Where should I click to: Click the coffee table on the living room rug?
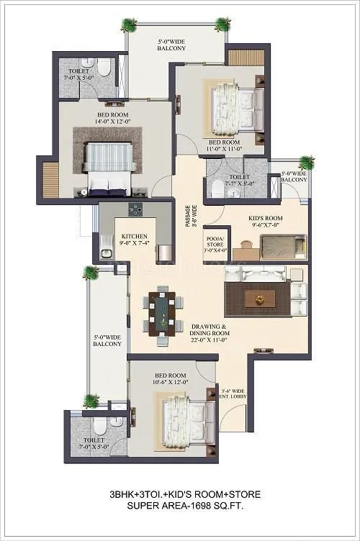258,298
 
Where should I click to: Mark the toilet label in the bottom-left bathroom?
94,443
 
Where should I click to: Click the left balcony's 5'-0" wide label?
107,340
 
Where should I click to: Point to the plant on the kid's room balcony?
307,163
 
